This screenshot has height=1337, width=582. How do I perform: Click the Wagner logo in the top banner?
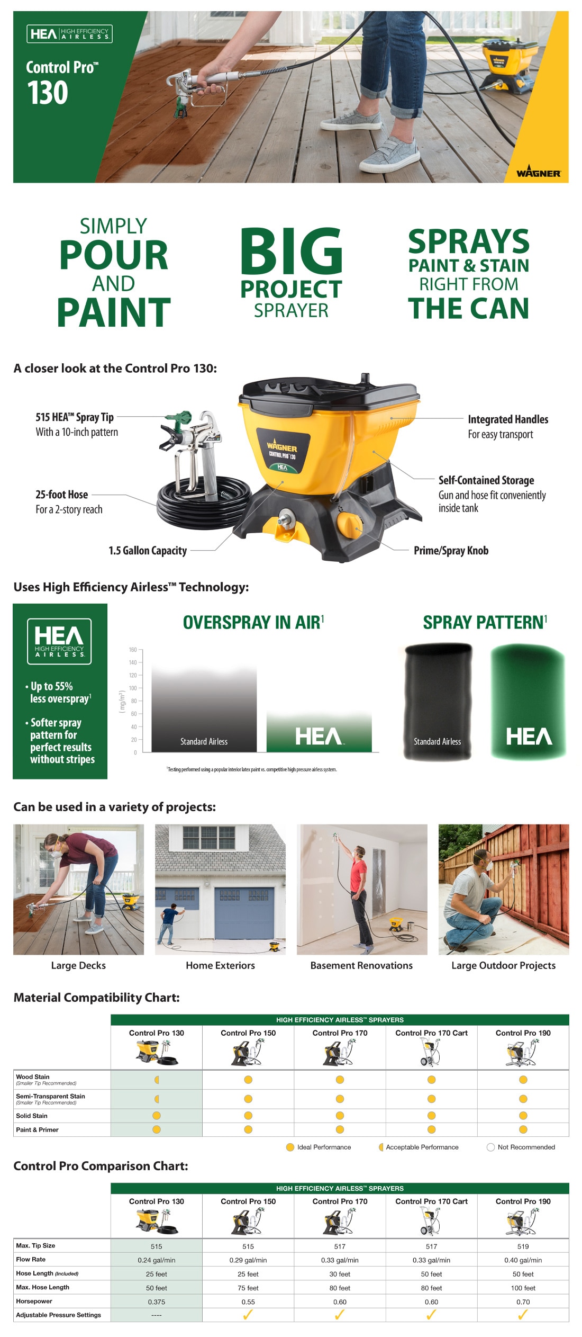coord(538,173)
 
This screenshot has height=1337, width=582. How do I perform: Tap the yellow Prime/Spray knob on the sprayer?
coord(350,523)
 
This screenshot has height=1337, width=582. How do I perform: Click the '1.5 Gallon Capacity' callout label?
coord(148,551)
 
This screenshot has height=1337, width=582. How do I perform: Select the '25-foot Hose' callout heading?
coord(61,495)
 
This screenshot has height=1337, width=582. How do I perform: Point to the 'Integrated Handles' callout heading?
coord(508,419)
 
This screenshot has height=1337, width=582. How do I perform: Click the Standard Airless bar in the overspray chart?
coord(204,710)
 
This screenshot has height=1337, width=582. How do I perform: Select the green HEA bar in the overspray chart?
coord(319,733)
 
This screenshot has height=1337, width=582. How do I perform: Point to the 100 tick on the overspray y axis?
coord(132,688)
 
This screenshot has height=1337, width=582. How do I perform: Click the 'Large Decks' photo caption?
coord(78,965)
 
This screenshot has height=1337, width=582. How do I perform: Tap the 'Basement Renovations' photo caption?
coord(361,965)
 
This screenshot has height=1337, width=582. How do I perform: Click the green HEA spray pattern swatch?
coord(528,702)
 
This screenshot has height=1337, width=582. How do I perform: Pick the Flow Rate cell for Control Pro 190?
coord(523,1260)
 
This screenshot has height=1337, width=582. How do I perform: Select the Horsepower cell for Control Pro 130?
coord(156,1302)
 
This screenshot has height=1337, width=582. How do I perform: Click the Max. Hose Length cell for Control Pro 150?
coord(248,1288)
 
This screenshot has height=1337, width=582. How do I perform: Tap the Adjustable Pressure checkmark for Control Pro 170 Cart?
coord(431,1315)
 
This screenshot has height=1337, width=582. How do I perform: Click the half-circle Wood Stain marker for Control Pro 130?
coord(157,1080)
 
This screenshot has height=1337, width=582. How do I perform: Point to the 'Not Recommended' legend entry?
coord(521,1147)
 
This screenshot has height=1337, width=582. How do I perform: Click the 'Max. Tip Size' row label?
coord(35,1245)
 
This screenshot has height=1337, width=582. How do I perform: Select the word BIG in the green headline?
coord(291,251)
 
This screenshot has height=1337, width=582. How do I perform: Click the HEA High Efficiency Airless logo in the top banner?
coord(69,34)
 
